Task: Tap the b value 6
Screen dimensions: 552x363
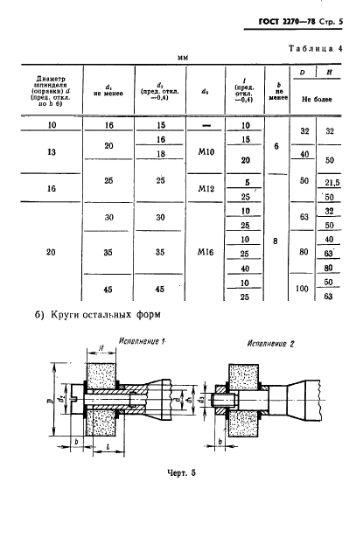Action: coord(276,147)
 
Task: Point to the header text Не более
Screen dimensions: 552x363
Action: coord(318,101)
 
